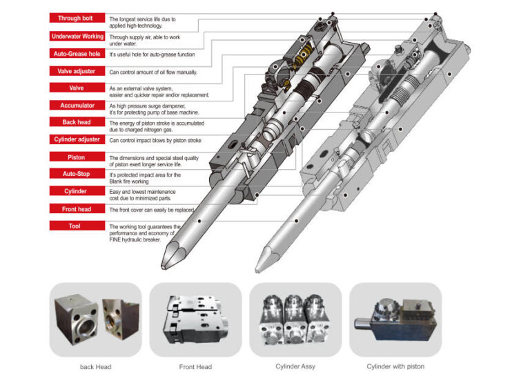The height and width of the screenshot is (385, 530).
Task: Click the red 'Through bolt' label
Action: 77,19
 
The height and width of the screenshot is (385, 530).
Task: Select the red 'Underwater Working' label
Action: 77,36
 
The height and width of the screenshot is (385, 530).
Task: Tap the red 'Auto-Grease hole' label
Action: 77,53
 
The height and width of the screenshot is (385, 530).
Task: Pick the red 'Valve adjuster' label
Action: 77,71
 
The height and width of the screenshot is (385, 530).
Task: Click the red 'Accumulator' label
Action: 77,106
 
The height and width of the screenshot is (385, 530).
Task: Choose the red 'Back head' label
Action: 77,122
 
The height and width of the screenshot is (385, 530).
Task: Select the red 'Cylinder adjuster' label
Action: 77,139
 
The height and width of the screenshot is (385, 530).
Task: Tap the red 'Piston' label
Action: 77,157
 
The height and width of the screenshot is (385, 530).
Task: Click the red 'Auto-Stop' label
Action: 77,175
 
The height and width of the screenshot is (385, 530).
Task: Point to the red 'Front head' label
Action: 77,208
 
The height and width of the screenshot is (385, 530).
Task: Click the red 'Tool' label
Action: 77,226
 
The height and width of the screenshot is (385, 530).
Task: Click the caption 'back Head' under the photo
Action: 95,366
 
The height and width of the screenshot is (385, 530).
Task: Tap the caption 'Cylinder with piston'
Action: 395,366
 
